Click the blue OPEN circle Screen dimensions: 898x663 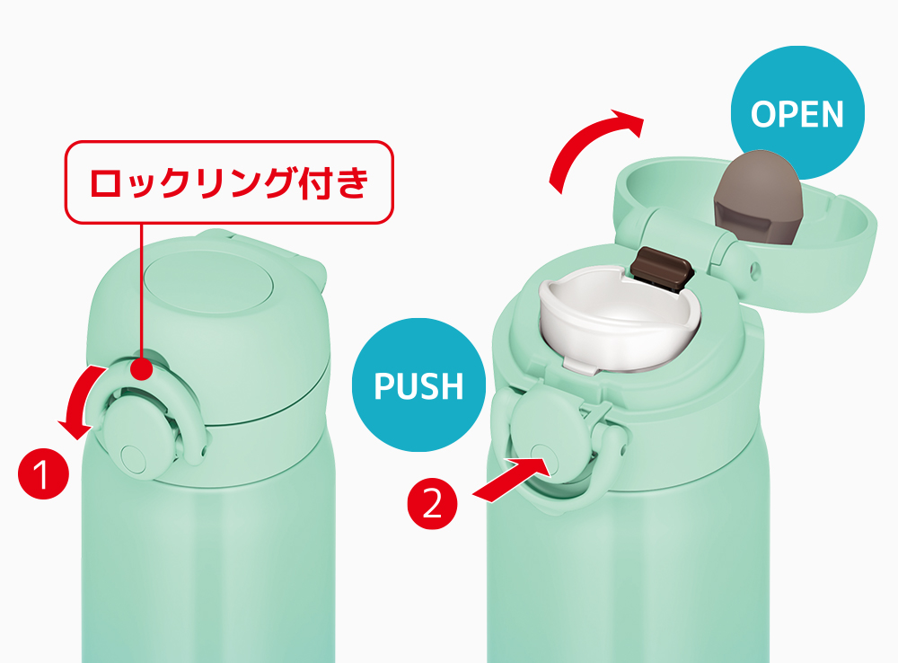tap(797, 113)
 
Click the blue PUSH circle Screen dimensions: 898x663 tap(418, 385)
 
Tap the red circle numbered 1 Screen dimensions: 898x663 tap(43, 474)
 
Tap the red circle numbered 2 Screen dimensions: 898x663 tap(433, 503)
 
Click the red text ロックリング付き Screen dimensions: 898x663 tap(229, 182)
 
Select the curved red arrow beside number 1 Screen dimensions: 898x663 tap(76, 401)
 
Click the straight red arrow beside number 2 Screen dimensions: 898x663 tap(511, 479)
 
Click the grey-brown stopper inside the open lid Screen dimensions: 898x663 tap(757, 195)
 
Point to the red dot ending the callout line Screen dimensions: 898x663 tap(141, 368)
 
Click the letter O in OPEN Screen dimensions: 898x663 tap(762, 114)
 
